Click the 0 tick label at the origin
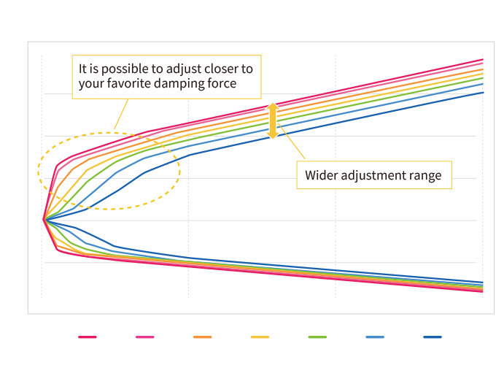(41, 235)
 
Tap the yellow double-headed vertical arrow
(272, 120)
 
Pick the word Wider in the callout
(321, 175)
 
